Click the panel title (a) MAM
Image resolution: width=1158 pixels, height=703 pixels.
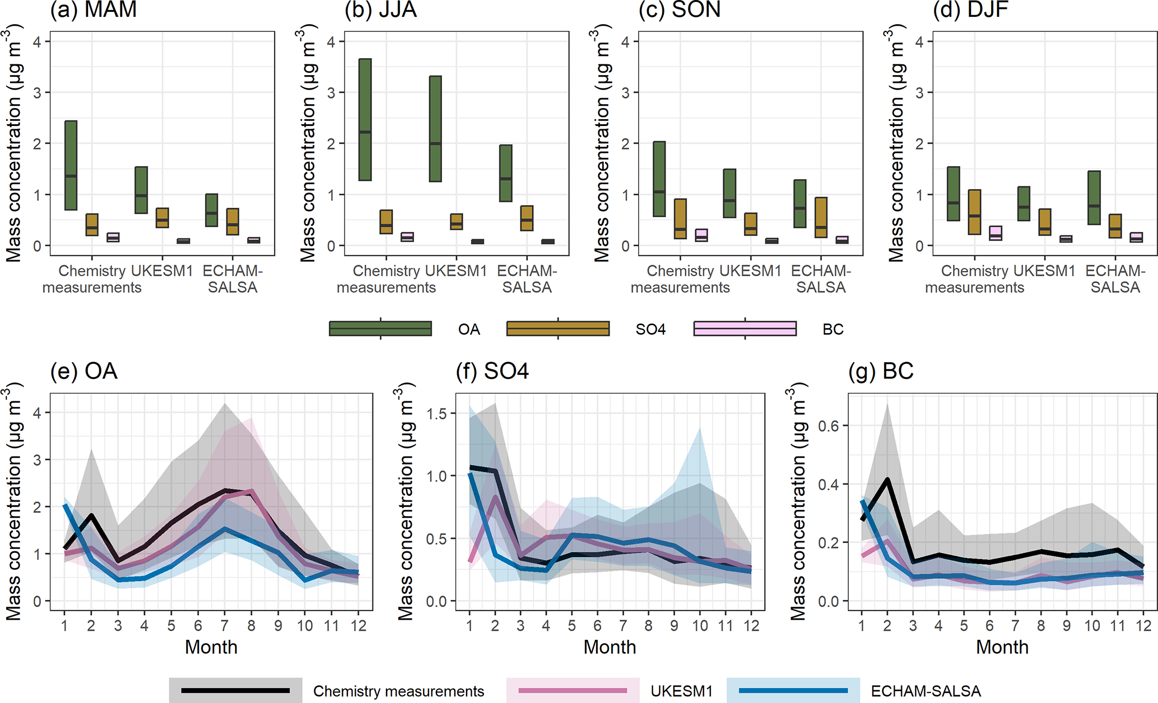94,10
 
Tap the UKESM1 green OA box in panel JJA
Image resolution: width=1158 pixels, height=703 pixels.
435,129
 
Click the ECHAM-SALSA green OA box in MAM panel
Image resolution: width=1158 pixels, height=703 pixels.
211,210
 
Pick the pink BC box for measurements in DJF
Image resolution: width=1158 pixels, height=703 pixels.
996,233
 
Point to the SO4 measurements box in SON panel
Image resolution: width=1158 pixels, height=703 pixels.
680,219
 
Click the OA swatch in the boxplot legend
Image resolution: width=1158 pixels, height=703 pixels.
380,329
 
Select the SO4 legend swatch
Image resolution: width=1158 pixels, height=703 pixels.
558,329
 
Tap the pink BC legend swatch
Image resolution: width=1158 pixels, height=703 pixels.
745,329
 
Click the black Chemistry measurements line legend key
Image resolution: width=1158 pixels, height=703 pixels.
235,691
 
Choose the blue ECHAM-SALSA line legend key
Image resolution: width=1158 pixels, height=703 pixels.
793,691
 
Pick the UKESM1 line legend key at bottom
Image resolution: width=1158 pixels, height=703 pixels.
573,691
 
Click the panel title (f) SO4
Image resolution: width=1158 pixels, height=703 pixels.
492,372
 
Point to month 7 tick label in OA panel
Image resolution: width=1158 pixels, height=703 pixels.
225,625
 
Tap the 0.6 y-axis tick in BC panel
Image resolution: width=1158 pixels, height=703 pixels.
829,426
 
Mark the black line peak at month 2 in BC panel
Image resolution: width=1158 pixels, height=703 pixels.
887,480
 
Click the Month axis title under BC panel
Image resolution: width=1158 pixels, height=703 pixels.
1002,647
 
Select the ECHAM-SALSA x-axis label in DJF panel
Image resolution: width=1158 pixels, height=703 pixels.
1115,279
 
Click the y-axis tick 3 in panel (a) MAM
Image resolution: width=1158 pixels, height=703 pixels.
38,92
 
